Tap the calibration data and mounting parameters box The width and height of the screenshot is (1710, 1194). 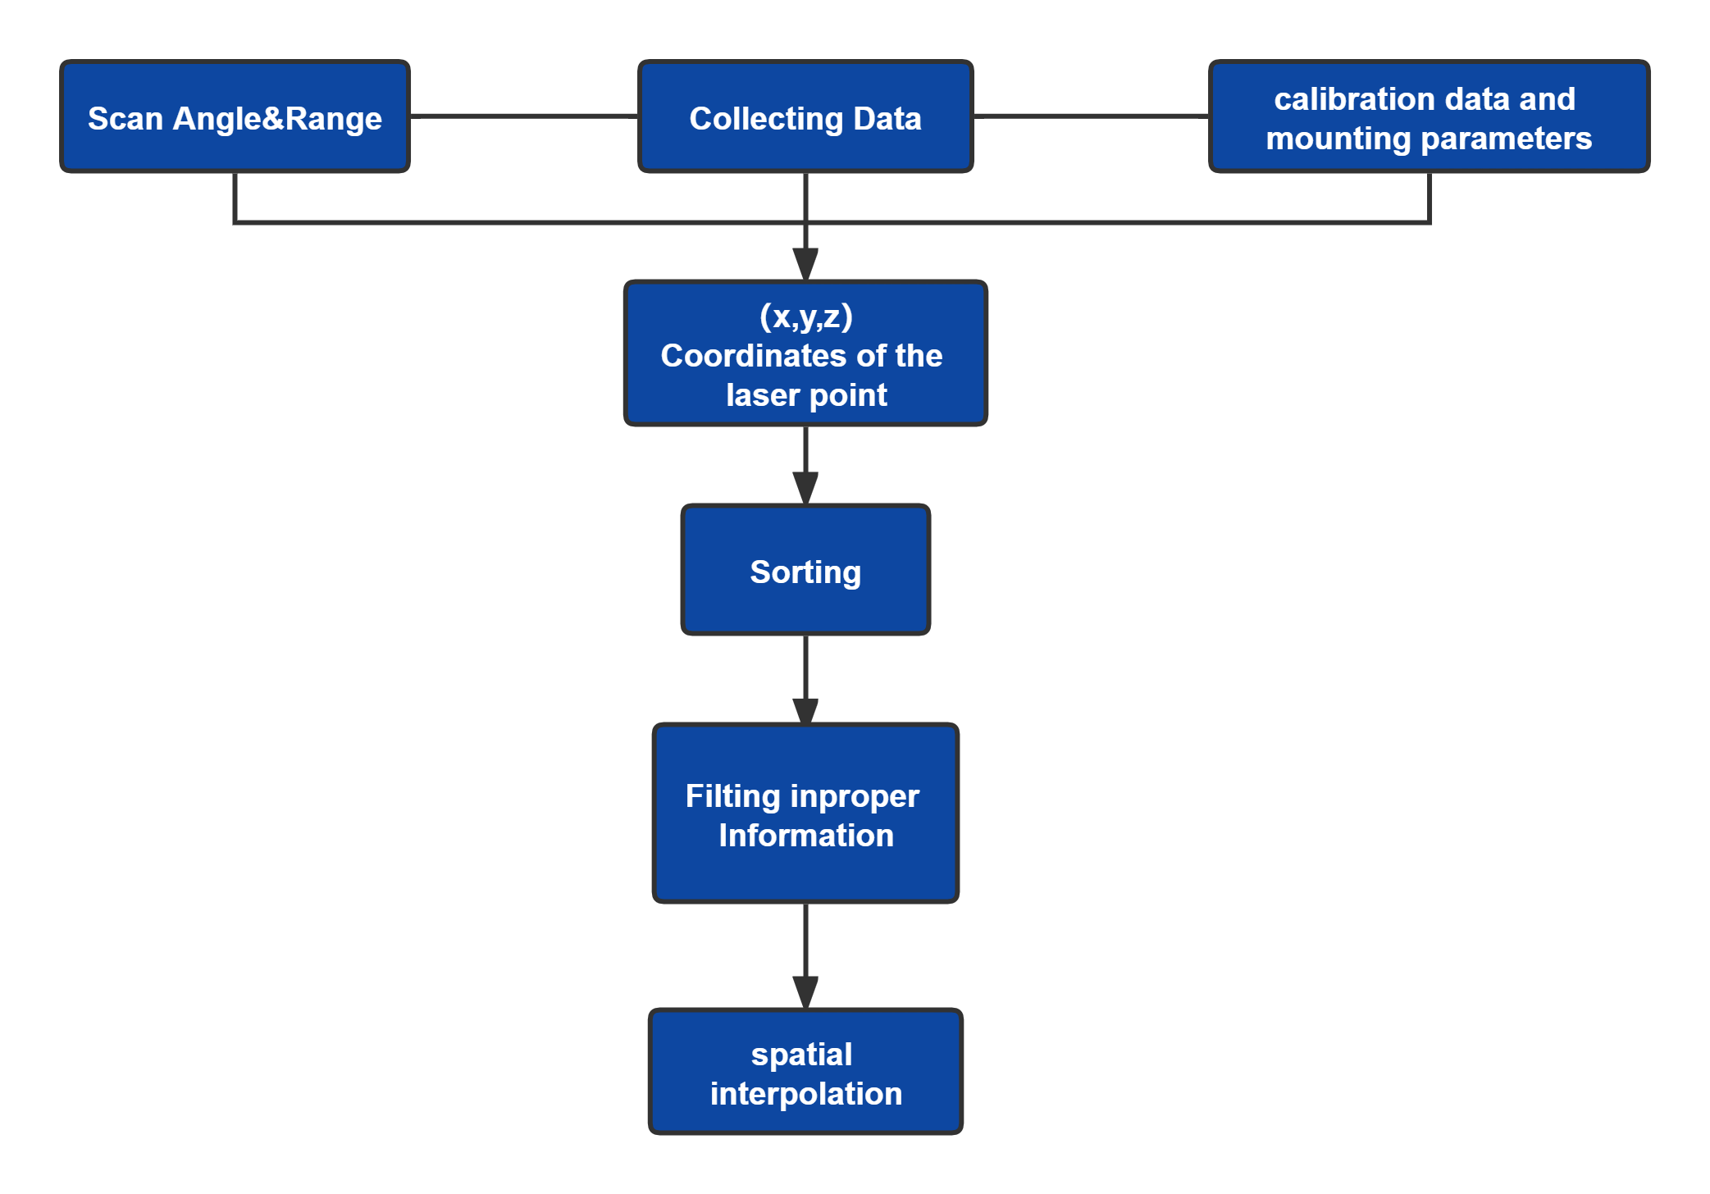coord(1429,116)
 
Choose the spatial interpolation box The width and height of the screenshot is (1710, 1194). coord(805,1073)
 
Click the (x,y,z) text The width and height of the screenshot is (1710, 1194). coord(805,317)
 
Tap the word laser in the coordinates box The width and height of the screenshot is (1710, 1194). coord(762,395)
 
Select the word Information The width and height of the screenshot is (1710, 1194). coord(805,836)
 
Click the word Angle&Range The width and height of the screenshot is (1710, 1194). coord(277,119)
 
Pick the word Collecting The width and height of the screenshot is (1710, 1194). coord(765,119)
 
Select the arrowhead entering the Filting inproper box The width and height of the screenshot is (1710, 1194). coord(805,710)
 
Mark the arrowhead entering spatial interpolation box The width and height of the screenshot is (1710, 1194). coord(805,992)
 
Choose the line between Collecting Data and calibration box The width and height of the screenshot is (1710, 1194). coord(1091,116)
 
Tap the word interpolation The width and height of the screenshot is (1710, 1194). coord(805,1094)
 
